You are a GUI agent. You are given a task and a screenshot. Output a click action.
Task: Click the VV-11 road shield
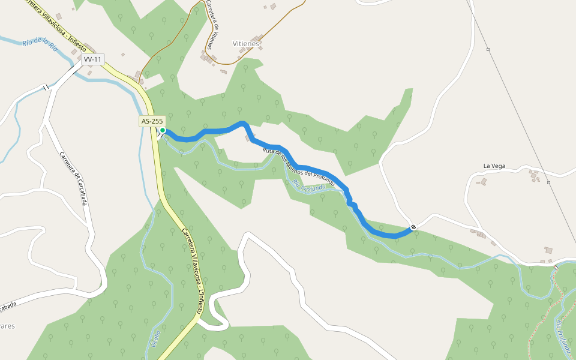pyautogui.click(x=93, y=59)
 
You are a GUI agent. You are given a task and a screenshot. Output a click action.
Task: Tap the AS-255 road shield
pyautogui.click(x=152, y=121)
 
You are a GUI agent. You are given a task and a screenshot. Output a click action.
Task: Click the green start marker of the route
pyautogui.click(x=162, y=130)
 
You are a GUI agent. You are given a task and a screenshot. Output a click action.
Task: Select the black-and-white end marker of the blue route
pyautogui.click(x=413, y=227)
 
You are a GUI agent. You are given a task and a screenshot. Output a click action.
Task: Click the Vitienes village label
pyautogui.click(x=246, y=43)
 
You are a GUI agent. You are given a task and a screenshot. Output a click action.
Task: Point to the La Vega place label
pyautogui.click(x=496, y=166)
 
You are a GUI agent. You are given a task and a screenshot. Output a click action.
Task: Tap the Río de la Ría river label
pyautogui.click(x=39, y=44)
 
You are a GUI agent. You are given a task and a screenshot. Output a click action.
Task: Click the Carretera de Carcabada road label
pyautogui.click(x=73, y=179)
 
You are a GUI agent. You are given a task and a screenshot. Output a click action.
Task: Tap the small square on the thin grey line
pyautogui.click(x=488, y=49)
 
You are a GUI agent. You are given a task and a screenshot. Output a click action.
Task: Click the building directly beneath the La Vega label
pyautogui.click(x=484, y=181)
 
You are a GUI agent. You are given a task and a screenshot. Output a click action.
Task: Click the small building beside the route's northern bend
pyautogui.click(x=248, y=139)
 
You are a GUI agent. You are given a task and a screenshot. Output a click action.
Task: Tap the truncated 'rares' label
pyautogui.click(x=7, y=326)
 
